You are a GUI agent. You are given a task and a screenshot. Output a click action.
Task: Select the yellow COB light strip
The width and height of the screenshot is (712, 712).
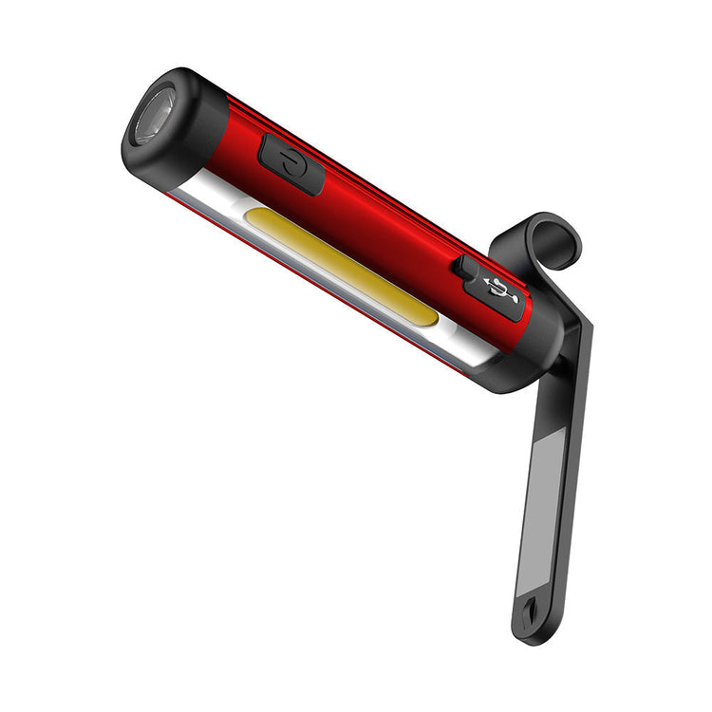point(342,269)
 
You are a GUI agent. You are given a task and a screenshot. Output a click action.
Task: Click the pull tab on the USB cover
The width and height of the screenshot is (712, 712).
point(463,269)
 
